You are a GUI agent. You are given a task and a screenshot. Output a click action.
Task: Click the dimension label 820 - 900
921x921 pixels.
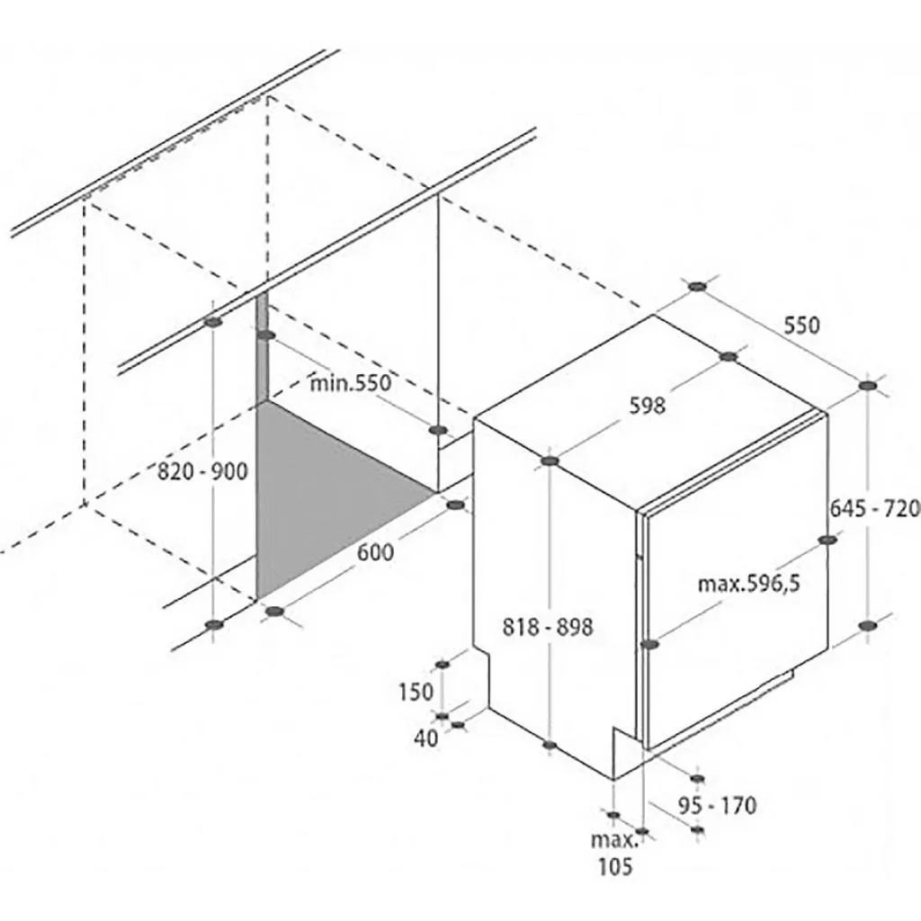[x=202, y=470]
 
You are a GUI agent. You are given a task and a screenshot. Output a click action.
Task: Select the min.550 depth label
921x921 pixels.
[x=351, y=383]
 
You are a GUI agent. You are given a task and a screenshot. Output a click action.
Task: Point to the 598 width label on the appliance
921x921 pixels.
[x=648, y=406]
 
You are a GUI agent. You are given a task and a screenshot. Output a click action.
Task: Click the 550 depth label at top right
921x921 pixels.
[x=800, y=326]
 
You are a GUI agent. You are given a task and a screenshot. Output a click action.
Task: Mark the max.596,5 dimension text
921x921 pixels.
[x=749, y=584]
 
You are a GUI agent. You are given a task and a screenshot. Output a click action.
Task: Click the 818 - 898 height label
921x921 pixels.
[x=548, y=627]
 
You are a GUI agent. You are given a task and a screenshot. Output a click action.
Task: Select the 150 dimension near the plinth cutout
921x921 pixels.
[x=416, y=692]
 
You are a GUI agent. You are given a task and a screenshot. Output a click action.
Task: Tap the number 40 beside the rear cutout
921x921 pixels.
[x=427, y=738]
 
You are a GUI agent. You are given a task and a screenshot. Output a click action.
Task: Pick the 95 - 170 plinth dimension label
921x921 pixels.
[x=717, y=805]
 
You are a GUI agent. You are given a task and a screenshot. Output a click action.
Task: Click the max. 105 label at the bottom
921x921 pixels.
[x=613, y=854]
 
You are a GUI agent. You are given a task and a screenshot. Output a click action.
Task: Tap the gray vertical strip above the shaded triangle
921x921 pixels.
[x=262, y=351]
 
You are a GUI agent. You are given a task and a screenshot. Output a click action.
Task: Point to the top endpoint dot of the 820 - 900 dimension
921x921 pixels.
[x=213, y=322]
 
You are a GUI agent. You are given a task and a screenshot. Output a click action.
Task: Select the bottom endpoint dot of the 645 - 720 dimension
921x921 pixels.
[x=867, y=625]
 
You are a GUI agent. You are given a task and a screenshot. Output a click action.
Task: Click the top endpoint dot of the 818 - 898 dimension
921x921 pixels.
[x=550, y=461]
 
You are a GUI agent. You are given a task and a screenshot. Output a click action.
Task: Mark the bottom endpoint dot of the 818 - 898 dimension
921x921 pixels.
[x=550, y=745]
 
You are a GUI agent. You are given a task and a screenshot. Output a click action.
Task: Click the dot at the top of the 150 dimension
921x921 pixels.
[x=442, y=665]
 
